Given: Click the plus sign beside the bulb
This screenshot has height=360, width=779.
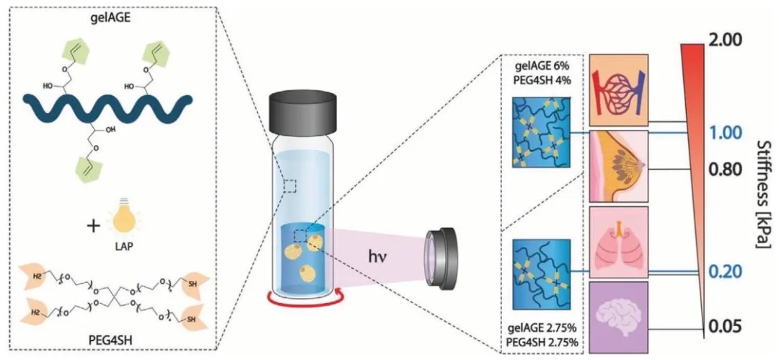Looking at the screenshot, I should [92, 226].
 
